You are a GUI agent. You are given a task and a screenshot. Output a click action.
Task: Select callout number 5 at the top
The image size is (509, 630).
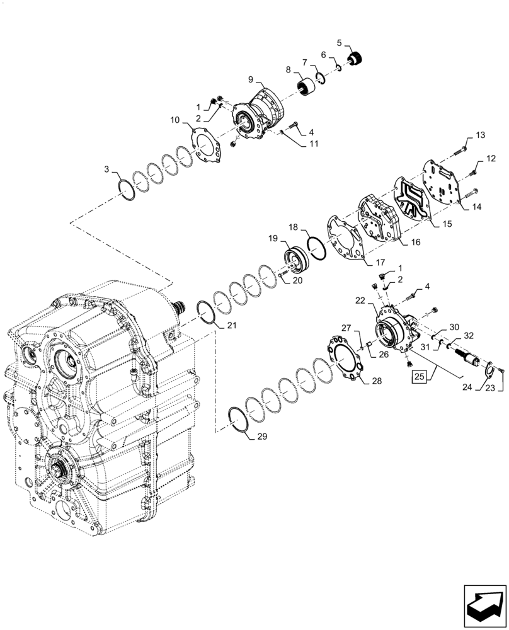(340, 43)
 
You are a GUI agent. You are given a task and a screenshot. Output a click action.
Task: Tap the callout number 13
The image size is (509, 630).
(480, 135)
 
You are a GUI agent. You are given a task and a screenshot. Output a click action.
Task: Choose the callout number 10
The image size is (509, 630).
(174, 120)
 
